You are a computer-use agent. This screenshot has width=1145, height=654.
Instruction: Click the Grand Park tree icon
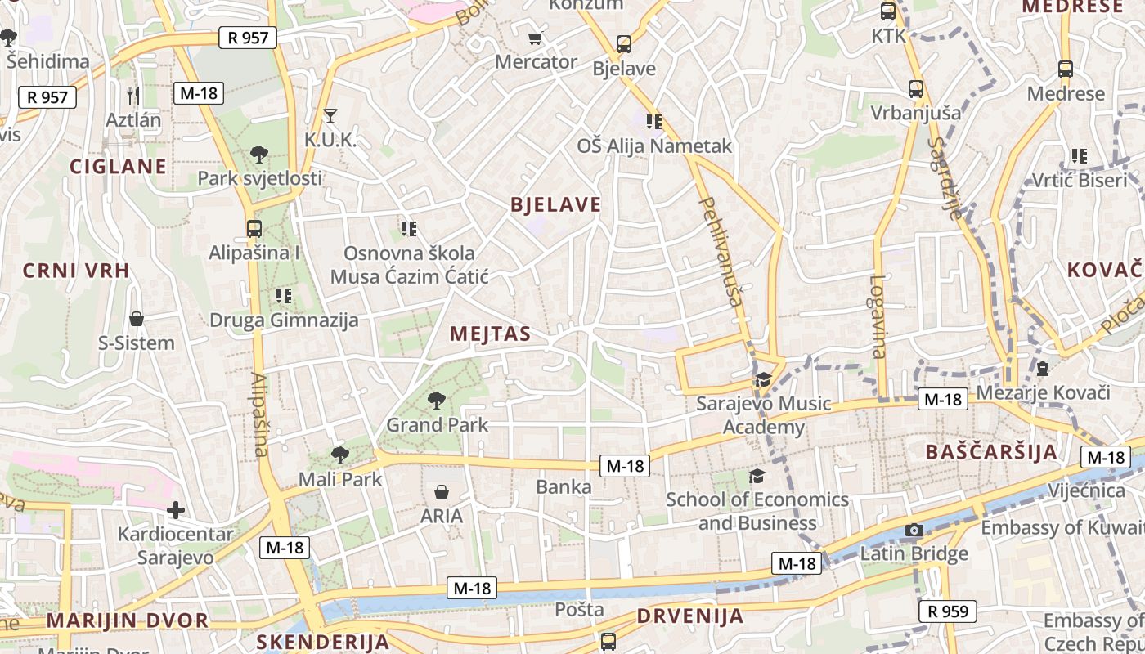point(437,400)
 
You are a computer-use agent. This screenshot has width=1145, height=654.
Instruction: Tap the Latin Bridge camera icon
point(914,530)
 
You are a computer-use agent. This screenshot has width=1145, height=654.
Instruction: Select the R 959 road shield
point(948,611)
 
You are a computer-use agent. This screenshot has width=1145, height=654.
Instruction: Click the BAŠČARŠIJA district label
point(991,452)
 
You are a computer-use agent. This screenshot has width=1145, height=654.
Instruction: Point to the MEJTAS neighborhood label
point(490,334)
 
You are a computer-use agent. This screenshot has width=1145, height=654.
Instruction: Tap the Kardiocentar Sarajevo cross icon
point(175,511)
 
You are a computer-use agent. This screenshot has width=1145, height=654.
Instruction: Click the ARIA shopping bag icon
point(442,491)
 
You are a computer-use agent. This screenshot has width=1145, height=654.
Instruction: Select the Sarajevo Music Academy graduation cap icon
point(763,379)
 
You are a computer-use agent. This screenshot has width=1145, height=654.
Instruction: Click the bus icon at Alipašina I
point(254,228)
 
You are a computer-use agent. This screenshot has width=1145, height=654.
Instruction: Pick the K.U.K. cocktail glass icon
point(330,115)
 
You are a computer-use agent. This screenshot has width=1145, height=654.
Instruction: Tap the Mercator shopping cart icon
point(536,38)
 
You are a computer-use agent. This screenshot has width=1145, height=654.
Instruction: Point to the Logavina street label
point(878,316)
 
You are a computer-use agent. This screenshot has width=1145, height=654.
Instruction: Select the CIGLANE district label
point(118,167)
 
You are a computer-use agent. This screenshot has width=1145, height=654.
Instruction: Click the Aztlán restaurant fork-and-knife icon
point(134,95)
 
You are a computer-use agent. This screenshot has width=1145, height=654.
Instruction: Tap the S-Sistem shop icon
point(137,318)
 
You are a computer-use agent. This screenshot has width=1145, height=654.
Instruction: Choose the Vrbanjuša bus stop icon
point(916,88)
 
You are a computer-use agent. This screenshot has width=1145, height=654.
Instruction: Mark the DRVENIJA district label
point(690,616)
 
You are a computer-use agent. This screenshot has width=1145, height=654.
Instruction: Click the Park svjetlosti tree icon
point(259,153)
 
